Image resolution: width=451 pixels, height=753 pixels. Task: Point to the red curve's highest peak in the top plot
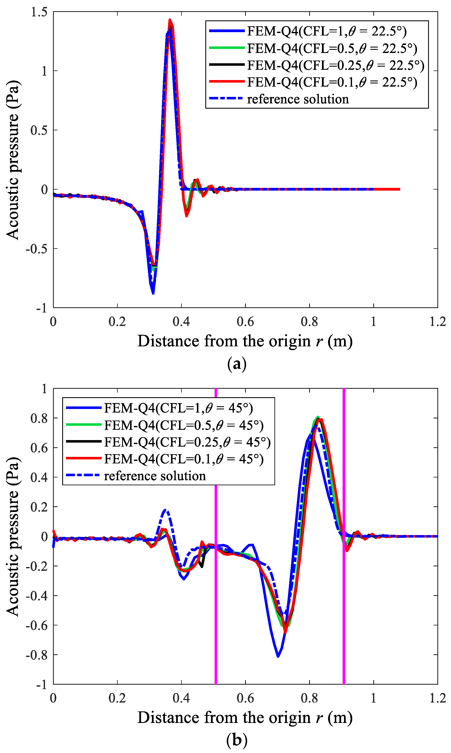pos(170,20)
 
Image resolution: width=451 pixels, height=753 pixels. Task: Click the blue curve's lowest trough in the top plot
pos(153,293)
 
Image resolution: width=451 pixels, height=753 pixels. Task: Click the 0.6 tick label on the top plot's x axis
pos(245,322)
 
